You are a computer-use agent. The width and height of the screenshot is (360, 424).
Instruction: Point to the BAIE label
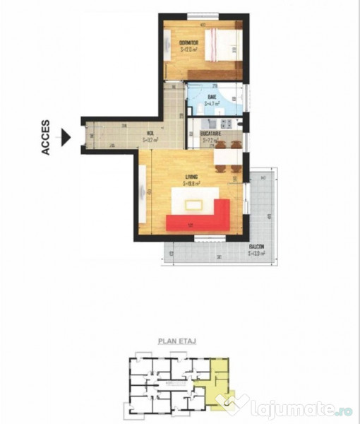[211, 96]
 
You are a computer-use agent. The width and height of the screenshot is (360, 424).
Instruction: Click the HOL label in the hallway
[150, 132]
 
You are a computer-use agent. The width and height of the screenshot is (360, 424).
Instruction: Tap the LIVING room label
[191, 176]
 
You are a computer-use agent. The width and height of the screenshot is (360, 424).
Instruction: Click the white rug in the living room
[193, 204]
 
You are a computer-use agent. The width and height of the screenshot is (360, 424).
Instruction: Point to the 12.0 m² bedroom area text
[189, 49]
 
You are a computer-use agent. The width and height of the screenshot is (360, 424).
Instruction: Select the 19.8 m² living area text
[191, 183]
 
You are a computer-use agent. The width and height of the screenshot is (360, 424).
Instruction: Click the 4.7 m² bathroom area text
[212, 103]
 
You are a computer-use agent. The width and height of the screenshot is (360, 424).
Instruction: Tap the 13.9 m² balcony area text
[257, 252]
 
